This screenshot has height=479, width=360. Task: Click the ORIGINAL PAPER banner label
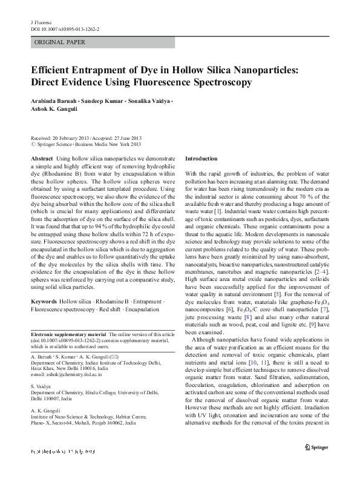click(59, 42)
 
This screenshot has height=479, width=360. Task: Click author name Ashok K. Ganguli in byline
click(54, 110)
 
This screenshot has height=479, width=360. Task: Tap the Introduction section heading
click(201, 158)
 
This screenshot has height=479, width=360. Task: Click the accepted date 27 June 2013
click(126, 138)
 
